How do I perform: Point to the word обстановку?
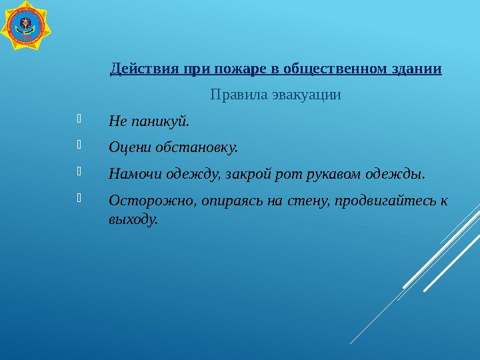point(197,147)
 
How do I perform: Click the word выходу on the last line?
point(133,219)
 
